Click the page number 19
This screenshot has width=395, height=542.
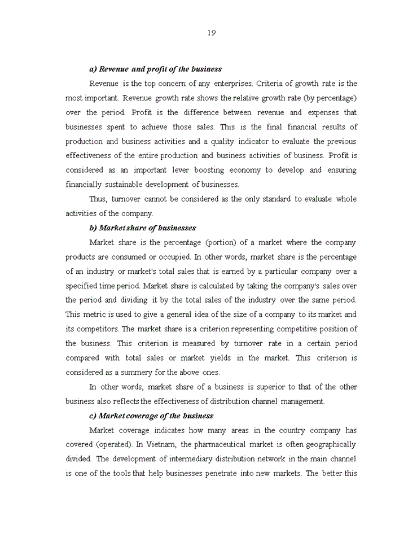coord(211,33)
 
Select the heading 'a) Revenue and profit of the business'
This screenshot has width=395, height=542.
coord(155,69)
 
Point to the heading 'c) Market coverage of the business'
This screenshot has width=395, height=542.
coord(151,416)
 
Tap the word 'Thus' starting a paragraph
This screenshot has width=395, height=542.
coord(98,199)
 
